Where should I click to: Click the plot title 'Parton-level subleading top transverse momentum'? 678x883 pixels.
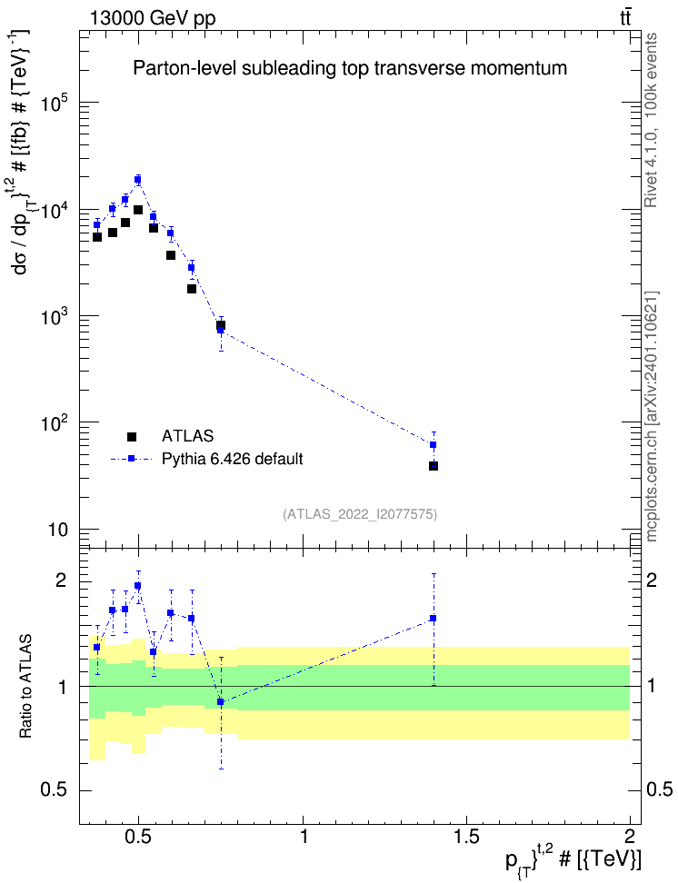349,68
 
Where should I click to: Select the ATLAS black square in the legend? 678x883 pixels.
132,436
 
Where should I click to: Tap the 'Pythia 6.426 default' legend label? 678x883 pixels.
232,459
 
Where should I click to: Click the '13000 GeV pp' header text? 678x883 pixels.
152,19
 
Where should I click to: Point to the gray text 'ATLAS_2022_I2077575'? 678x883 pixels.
360,513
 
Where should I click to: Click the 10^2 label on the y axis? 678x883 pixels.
55,422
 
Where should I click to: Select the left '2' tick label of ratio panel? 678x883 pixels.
61,580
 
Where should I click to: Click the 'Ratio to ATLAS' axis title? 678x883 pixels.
25,687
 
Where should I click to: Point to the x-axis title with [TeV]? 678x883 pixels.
573,859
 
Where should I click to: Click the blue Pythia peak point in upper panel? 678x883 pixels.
137,180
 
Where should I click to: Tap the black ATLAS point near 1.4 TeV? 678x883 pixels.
434,466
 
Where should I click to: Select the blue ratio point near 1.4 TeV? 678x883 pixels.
434,619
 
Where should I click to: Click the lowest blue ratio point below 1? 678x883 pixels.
221,701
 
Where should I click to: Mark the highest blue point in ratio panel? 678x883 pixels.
137,586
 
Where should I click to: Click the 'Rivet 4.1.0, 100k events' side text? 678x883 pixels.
651,120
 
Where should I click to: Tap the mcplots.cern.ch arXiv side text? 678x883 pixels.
652,417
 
